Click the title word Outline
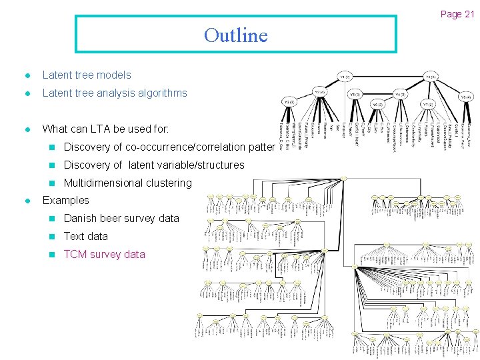click(235, 35)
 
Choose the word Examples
click(65, 200)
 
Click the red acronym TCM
click(75, 254)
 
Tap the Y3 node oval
click(288, 101)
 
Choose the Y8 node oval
click(465, 96)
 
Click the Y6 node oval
click(377, 105)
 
